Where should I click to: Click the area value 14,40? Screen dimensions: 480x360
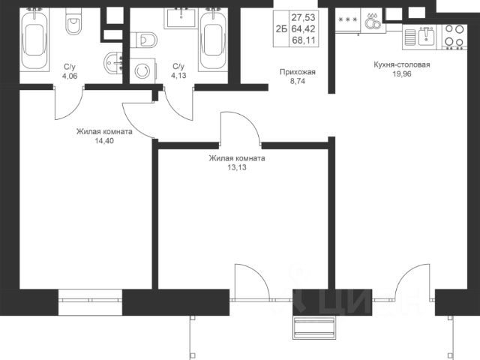(104, 141)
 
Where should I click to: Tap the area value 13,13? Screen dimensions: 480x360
(237, 167)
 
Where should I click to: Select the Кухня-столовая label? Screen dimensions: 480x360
(402, 65)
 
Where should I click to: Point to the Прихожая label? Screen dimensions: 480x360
(298, 72)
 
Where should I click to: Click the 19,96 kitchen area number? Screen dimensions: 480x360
(402, 74)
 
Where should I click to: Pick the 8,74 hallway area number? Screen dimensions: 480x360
(298, 82)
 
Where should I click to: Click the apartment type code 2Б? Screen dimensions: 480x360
(281, 29)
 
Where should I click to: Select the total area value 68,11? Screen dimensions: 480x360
(303, 40)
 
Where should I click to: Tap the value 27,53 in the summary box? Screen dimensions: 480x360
(303, 17)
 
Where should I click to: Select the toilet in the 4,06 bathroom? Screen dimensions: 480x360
(73, 21)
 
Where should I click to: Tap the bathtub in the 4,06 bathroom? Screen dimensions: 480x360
(34, 40)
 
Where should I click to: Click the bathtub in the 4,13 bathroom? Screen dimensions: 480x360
(213, 40)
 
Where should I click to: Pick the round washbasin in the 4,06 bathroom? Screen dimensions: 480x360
(113, 63)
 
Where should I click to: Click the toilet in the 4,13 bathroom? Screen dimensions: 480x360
(143, 39)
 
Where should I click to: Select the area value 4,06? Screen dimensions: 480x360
(70, 76)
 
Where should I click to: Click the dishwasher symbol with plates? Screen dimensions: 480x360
(373, 19)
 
